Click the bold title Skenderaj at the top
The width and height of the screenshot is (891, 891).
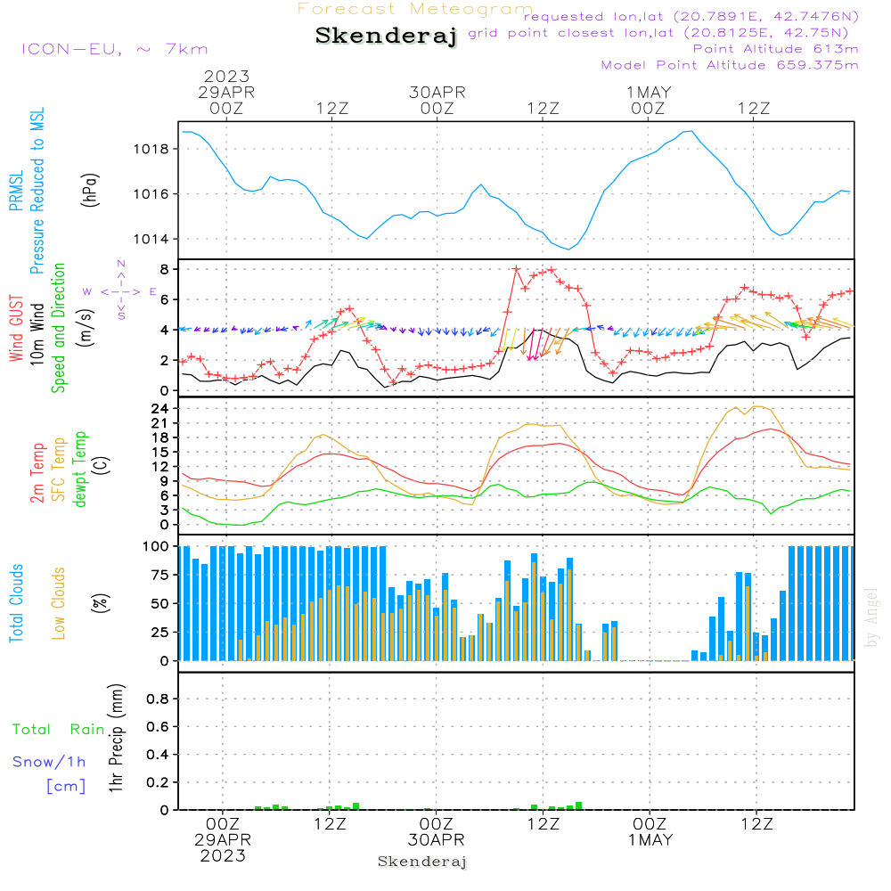(386, 36)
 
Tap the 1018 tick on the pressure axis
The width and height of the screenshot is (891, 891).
(151, 149)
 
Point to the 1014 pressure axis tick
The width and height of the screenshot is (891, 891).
(151, 239)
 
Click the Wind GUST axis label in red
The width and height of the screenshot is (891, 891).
(16, 328)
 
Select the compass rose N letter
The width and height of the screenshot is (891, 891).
(121, 264)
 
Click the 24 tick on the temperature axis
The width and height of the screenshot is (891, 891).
(159, 409)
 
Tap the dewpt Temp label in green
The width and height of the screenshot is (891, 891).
(79, 469)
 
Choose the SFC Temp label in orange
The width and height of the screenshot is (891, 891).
(59, 470)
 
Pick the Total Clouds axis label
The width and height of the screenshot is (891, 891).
(16, 603)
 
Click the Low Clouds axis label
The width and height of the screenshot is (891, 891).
(58, 603)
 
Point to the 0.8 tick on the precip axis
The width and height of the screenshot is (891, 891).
(158, 699)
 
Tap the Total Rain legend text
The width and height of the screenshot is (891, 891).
(59, 729)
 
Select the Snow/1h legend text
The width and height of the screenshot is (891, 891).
(49, 762)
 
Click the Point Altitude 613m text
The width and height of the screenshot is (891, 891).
(775, 49)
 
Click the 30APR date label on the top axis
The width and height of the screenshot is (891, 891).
(437, 93)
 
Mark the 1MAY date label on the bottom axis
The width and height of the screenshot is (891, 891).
(650, 840)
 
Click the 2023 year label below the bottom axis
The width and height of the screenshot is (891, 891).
(222, 855)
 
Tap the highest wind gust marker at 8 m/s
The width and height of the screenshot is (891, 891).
(516, 269)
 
